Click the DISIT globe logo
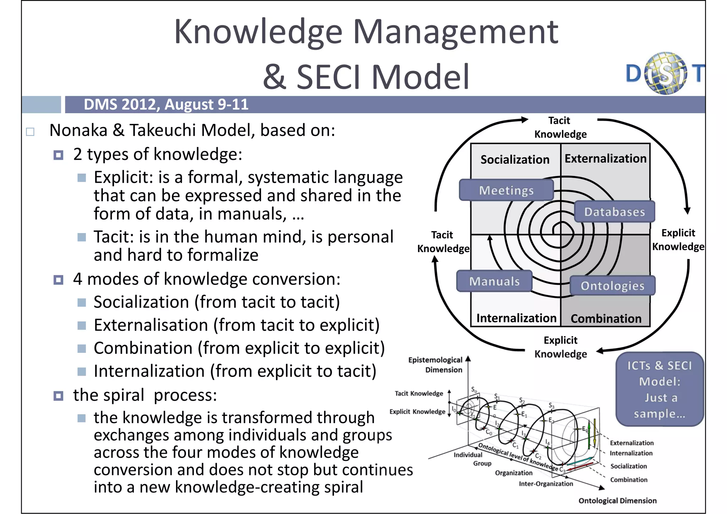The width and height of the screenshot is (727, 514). [x=666, y=73]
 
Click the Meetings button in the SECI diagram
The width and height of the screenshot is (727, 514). [x=506, y=190]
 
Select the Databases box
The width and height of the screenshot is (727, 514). [x=614, y=212]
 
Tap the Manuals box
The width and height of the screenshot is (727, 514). [x=494, y=281]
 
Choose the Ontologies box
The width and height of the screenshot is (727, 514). [x=612, y=286]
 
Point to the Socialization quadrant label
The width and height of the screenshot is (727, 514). [x=515, y=160]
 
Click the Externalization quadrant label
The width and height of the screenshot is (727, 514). [x=606, y=158]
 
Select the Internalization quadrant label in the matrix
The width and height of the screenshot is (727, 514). [x=516, y=318]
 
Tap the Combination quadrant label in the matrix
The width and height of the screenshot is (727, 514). [x=606, y=319]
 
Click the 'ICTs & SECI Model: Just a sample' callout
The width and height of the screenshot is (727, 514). [x=660, y=389]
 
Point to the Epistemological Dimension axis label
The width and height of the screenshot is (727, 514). [x=436, y=365]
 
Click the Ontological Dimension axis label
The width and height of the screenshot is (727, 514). [x=617, y=501]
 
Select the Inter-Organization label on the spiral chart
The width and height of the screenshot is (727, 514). [x=546, y=483]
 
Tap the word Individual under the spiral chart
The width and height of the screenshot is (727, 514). [x=468, y=455]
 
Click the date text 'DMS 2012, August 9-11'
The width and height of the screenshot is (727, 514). [x=166, y=104]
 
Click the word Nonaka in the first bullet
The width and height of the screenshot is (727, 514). [x=78, y=130]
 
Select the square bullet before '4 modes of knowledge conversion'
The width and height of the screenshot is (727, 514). [x=58, y=280]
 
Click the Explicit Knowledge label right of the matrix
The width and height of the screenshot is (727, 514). [x=678, y=240]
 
